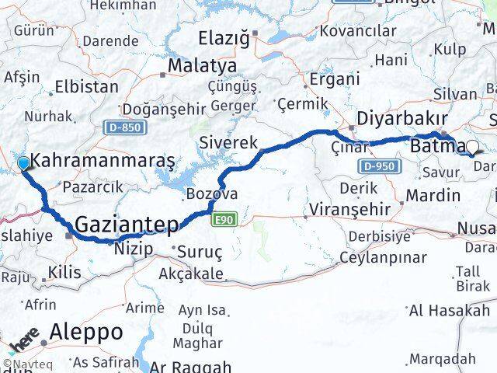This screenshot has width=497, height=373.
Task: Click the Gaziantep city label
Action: tap(127, 225)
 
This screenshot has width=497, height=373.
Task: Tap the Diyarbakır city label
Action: tap(401, 119)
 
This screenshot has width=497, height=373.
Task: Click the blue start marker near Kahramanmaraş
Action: tap(23, 163)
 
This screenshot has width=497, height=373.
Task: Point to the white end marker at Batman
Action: tap(472, 145)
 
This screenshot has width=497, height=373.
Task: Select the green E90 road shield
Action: tap(224, 221)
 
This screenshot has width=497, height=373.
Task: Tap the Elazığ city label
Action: tap(225, 37)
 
